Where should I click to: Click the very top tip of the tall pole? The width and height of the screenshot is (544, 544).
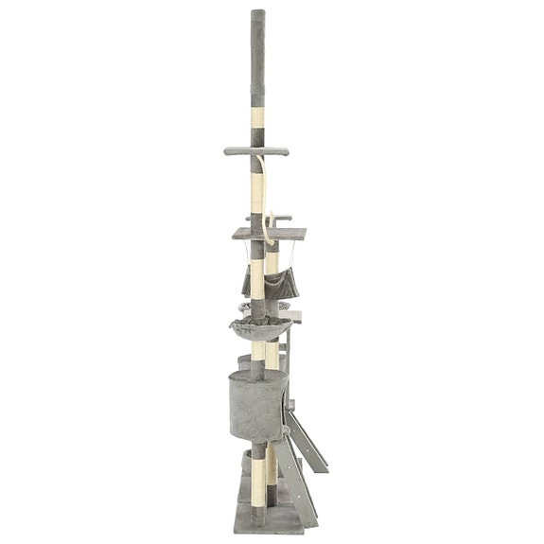point(257,13)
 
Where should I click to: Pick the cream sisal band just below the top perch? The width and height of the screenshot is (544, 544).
point(257,180)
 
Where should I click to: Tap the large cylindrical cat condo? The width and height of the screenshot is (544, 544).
point(254,401)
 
